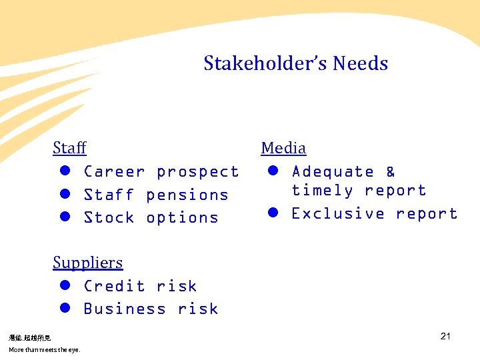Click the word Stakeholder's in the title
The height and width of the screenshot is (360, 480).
[x=265, y=64]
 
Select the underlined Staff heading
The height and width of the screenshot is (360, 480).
[x=69, y=147]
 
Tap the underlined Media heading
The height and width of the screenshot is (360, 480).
[x=283, y=148]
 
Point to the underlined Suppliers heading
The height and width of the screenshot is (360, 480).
[x=88, y=263]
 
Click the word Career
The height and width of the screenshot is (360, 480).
[x=114, y=172]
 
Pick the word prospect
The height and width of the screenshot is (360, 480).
[x=197, y=172]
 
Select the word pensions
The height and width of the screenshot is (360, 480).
[x=187, y=195]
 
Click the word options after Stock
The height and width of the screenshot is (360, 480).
[x=182, y=218]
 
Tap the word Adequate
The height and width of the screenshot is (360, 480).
[x=333, y=172]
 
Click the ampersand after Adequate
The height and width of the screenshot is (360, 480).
[x=391, y=172]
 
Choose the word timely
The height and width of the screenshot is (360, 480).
[x=322, y=191]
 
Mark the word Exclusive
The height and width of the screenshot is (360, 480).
[x=338, y=214]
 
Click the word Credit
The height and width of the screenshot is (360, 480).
[x=114, y=287]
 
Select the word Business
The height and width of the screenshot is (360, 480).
[x=125, y=309]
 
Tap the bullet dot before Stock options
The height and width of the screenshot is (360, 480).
[x=65, y=217]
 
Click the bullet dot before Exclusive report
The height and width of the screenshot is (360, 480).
[x=273, y=213]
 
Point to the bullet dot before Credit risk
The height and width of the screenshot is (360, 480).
[x=65, y=286]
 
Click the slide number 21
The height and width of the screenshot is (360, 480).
[x=445, y=336]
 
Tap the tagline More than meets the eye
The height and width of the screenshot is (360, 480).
[x=44, y=350]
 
